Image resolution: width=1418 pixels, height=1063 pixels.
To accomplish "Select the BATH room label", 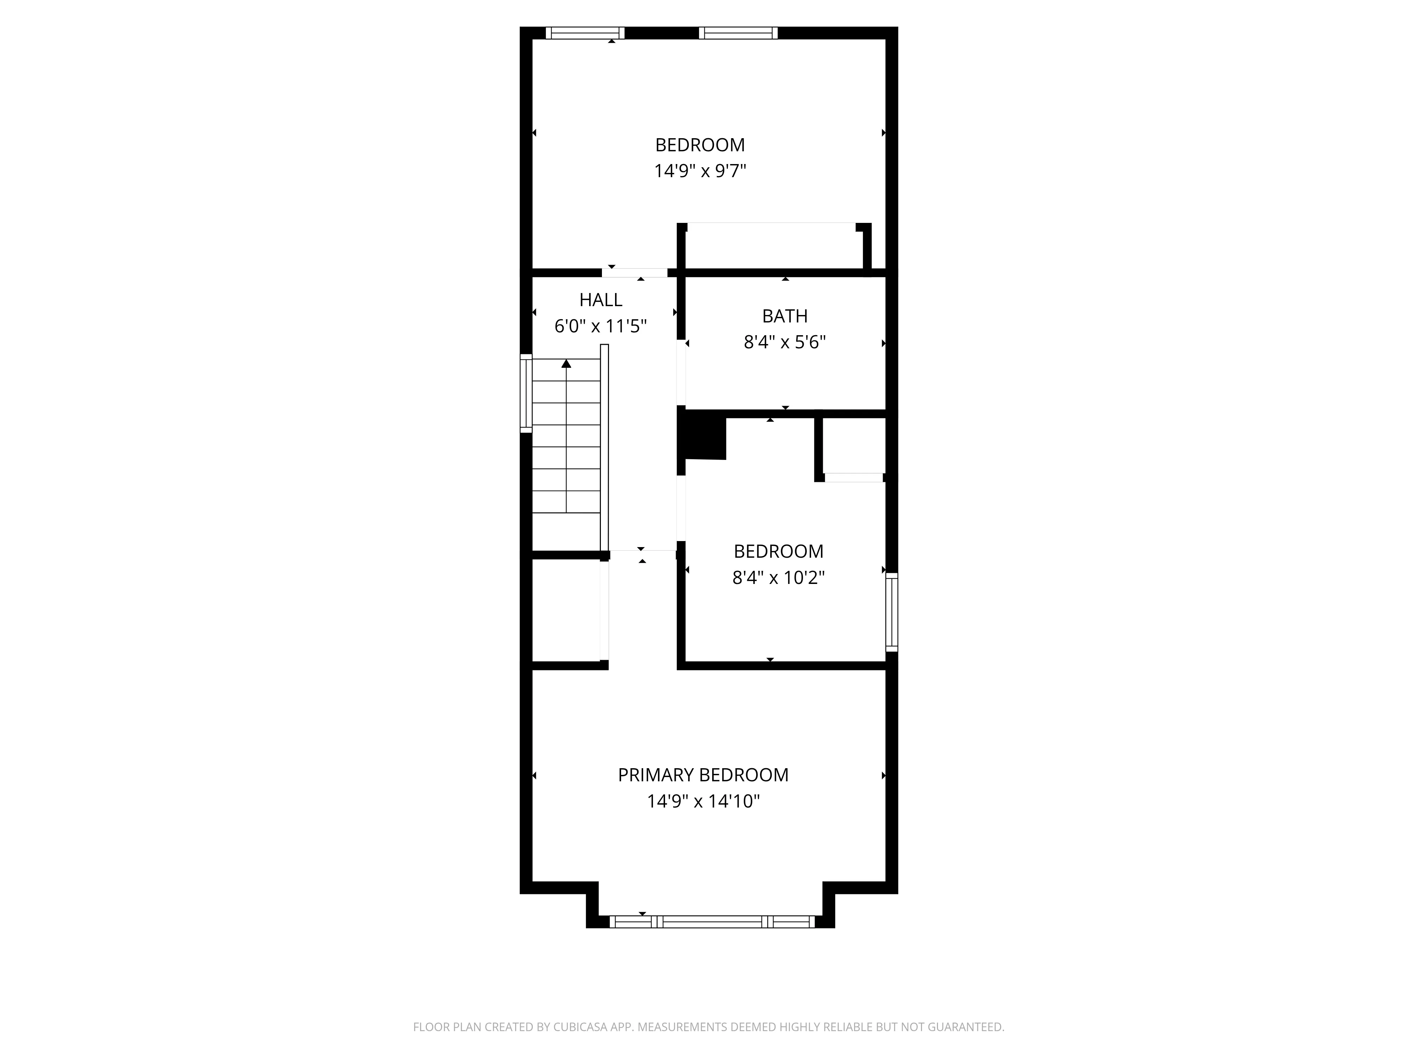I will click(784, 316).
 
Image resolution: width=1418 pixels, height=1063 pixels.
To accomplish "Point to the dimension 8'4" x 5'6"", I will click(784, 342).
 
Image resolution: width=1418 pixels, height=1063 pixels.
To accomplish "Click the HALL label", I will click(600, 300).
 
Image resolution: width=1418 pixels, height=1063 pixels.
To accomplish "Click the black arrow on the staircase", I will click(566, 364).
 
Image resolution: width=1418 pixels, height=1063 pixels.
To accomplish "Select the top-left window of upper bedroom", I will click(585, 33).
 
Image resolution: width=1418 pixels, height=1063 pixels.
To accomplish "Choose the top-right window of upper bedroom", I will click(738, 33).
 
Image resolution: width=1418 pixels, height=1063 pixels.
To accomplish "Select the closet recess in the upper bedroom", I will click(774, 247).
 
